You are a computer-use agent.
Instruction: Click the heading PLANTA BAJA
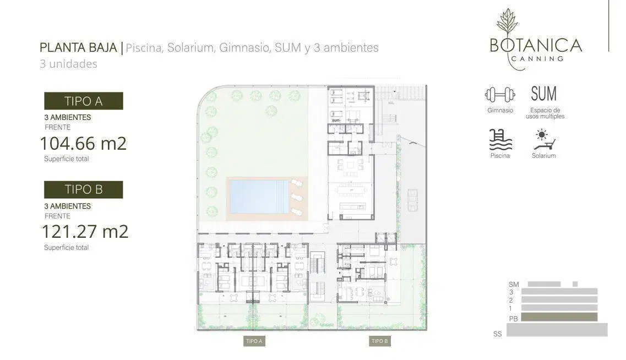[x=78, y=47]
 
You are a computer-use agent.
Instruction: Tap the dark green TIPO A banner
[x=84, y=101]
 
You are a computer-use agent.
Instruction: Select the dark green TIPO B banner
[x=84, y=189]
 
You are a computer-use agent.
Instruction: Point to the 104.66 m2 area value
[x=84, y=143]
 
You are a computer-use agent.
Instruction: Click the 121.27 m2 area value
[x=85, y=232]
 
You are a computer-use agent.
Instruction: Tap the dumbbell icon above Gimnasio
[x=500, y=95]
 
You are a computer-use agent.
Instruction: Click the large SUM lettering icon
[x=543, y=94]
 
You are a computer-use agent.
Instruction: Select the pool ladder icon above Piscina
[x=500, y=140]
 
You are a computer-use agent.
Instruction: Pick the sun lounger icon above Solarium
[x=544, y=140]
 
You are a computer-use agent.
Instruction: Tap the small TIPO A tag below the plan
[x=254, y=341]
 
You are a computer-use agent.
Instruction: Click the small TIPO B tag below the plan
[x=380, y=341]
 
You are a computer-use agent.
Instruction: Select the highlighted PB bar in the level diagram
[x=559, y=317]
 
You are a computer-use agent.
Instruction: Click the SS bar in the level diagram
[x=557, y=330]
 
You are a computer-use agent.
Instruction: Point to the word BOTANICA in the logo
[x=536, y=46]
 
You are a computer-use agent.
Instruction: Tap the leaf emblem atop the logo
[x=507, y=23]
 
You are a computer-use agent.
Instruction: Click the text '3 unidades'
[x=68, y=64]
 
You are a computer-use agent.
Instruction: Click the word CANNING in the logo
[x=537, y=59]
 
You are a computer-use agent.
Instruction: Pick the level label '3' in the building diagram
[x=511, y=292]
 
